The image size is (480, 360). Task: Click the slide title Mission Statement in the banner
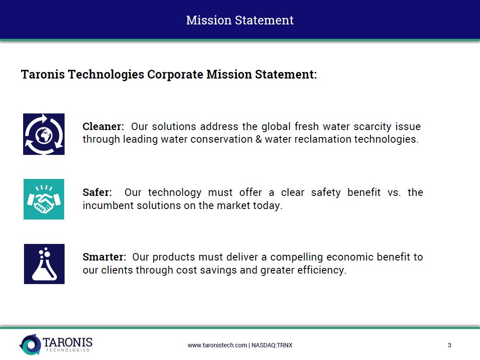(240, 20)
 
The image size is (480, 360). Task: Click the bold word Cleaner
(102, 127)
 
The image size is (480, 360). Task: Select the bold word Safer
(96, 192)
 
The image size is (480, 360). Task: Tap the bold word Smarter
(103, 257)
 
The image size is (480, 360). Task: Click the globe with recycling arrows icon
(44, 134)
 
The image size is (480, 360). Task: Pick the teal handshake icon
(44, 199)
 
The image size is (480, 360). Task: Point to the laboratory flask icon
(44, 264)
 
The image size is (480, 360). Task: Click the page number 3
(449, 345)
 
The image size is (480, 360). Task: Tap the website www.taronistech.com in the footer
(217, 345)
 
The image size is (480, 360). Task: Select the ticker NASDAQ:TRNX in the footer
(272, 345)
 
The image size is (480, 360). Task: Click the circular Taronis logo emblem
(30, 344)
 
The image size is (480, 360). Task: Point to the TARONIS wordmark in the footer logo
(68, 342)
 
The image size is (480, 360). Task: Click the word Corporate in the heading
(175, 74)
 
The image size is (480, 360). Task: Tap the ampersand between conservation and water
(259, 139)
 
